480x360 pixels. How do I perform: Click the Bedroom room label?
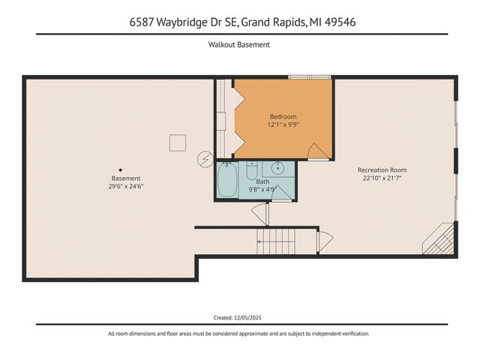pos(283,117)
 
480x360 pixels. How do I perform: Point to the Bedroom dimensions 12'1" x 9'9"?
pos(283,125)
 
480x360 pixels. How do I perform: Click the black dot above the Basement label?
pos(120,169)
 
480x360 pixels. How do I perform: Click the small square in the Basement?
pos(177,142)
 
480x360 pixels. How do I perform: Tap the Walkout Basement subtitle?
pos(239,45)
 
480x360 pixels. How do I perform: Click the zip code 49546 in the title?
pos(337,22)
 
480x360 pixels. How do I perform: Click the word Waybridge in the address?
pos(184,22)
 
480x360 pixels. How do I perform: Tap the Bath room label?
pos(262,181)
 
